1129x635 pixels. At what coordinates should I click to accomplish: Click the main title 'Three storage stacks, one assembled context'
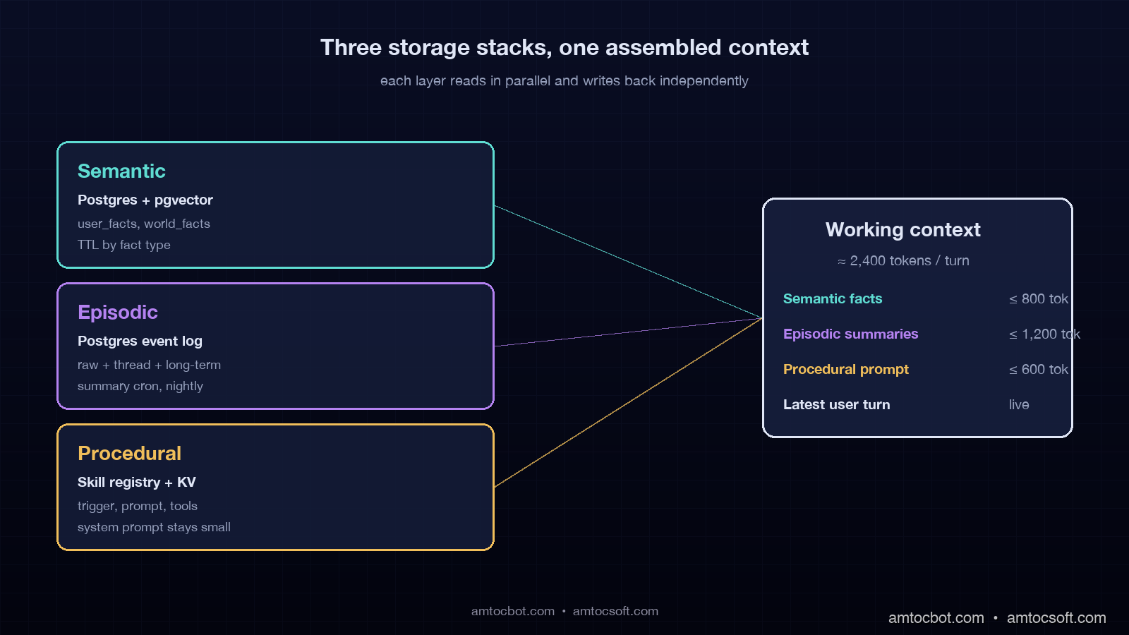pyautogui.click(x=564, y=47)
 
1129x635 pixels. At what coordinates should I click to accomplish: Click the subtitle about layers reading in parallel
pyautogui.click(x=564, y=81)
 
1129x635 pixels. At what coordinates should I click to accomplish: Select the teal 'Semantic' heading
pyautogui.click(x=121, y=171)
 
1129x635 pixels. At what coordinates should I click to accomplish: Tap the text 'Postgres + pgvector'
pyautogui.click(x=145, y=200)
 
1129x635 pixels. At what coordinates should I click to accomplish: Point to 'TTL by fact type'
pyautogui.click(x=123, y=245)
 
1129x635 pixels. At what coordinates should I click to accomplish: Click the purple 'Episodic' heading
pyautogui.click(x=117, y=313)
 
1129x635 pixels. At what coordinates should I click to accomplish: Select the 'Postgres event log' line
pyautogui.click(x=140, y=341)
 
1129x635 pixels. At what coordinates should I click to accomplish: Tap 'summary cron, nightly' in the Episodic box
pyautogui.click(x=140, y=386)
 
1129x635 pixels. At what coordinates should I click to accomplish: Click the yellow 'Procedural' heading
pyautogui.click(x=129, y=454)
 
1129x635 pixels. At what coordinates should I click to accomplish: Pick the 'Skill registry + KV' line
pyautogui.click(x=136, y=483)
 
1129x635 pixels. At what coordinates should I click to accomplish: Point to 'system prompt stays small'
pyautogui.click(x=154, y=527)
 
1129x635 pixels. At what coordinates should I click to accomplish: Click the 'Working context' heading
pyautogui.click(x=902, y=230)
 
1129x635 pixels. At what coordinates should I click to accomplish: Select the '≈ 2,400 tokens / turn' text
pyautogui.click(x=902, y=261)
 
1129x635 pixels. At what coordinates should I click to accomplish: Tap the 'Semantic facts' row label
pyautogui.click(x=832, y=299)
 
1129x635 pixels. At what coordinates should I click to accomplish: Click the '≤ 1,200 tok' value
pyautogui.click(x=1044, y=334)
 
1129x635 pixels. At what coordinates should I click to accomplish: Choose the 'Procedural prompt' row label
pyautogui.click(x=845, y=370)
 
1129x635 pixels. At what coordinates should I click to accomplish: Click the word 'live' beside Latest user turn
pyautogui.click(x=1018, y=405)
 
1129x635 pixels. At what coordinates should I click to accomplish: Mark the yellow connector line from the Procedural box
pyautogui.click(x=628, y=403)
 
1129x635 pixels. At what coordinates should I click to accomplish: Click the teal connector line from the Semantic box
pyautogui.click(x=628, y=262)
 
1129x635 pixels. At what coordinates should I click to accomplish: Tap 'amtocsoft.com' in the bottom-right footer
pyautogui.click(x=1056, y=618)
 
